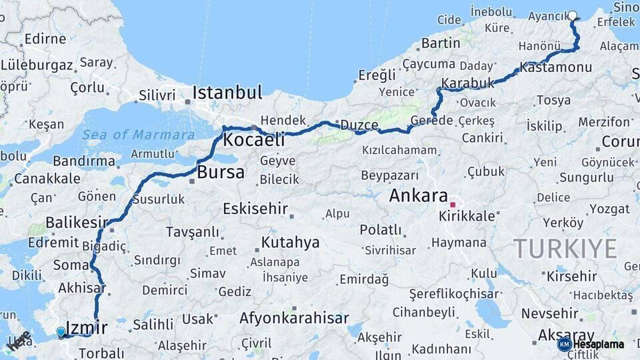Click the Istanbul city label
(x=227, y=92)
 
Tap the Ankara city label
(x=418, y=195)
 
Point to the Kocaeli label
(x=253, y=139)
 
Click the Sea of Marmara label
(x=139, y=135)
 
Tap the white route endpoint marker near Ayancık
(x=572, y=15)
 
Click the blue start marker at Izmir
(x=61, y=331)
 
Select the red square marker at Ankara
(x=453, y=205)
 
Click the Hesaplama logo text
(x=598, y=344)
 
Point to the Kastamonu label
(x=555, y=67)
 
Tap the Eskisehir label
(x=255, y=208)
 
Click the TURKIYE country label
(x=565, y=249)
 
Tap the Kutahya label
(x=290, y=242)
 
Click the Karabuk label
(x=467, y=83)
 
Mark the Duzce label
(x=359, y=125)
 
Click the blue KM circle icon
(x=565, y=344)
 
